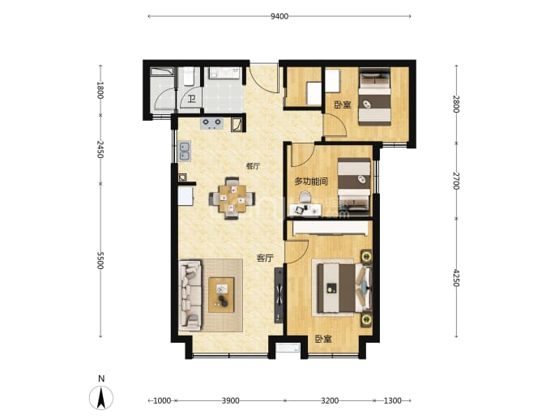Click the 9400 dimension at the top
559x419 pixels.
[279, 16]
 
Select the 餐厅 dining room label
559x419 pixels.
[253, 166]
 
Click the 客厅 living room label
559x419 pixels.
[265, 259]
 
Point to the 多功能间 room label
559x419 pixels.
[311, 182]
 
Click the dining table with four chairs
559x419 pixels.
[232, 199]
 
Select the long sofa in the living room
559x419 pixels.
[190, 294]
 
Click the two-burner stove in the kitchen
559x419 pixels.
[212, 123]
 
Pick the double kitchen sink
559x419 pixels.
[185, 151]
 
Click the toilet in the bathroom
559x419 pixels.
[188, 77]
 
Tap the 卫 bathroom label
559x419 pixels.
[192, 99]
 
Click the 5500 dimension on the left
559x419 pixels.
[100, 260]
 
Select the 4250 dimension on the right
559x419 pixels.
[456, 277]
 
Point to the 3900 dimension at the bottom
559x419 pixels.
[230, 401]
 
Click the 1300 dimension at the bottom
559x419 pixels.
[392, 401]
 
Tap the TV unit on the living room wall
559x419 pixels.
[279, 296]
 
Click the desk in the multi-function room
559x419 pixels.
[305, 210]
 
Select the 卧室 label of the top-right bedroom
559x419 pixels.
[342, 105]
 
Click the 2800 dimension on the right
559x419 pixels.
[456, 104]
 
